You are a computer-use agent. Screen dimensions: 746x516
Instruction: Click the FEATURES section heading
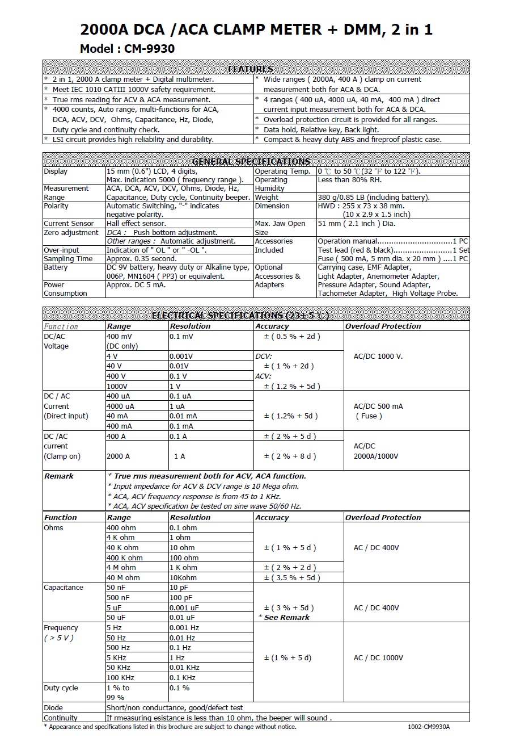[x=250, y=69]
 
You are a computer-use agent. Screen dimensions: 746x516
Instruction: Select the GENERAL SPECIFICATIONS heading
[x=251, y=161]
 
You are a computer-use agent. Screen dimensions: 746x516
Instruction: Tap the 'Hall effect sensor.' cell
[x=136, y=224]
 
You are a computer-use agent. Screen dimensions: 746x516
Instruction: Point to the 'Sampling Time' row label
[x=68, y=259]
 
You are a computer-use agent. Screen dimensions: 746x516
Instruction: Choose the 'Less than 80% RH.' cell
[x=349, y=180]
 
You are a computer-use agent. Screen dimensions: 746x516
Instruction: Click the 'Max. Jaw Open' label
[x=280, y=224]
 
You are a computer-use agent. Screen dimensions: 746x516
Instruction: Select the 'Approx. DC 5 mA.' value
[x=136, y=285]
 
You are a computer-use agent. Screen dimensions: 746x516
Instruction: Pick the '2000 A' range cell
[x=118, y=456]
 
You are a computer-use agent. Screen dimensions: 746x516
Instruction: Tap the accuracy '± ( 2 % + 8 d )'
[x=290, y=456]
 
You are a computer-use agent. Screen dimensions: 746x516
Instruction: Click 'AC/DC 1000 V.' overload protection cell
[x=378, y=356]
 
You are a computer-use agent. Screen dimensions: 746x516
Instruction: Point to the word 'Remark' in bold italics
[x=59, y=476]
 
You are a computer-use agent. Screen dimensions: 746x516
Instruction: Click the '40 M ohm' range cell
[x=123, y=577]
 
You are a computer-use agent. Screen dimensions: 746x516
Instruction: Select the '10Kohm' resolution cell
[x=184, y=577]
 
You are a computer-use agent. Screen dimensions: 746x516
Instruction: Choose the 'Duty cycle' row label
[x=61, y=688]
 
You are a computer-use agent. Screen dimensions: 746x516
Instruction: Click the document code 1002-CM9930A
[x=432, y=727]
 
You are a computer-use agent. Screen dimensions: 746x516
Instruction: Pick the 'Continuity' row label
[x=61, y=718]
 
